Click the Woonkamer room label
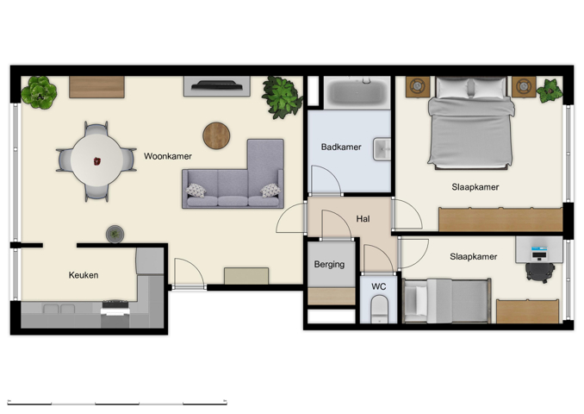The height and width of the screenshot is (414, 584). (167, 156)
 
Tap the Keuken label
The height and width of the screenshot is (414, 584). (84, 275)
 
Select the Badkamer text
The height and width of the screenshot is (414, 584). (340, 147)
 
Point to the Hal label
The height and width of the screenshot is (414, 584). (363, 219)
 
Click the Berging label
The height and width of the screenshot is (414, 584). (329, 264)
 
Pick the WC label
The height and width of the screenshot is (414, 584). (379, 285)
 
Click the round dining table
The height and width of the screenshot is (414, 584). (96, 160)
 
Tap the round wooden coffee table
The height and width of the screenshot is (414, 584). (216, 135)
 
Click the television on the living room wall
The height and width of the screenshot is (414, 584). (216, 85)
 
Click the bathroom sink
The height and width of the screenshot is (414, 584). (382, 149)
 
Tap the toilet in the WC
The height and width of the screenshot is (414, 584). (380, 309)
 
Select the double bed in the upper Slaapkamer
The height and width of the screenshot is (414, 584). (471, 125)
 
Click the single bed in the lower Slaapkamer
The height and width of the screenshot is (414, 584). (446, 300)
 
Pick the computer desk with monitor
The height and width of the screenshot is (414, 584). (539, 251)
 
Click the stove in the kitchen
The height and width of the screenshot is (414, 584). (115, 311)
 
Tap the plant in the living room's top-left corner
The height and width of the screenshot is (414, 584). (39, 91)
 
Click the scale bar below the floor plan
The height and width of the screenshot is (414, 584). (117, 402)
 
